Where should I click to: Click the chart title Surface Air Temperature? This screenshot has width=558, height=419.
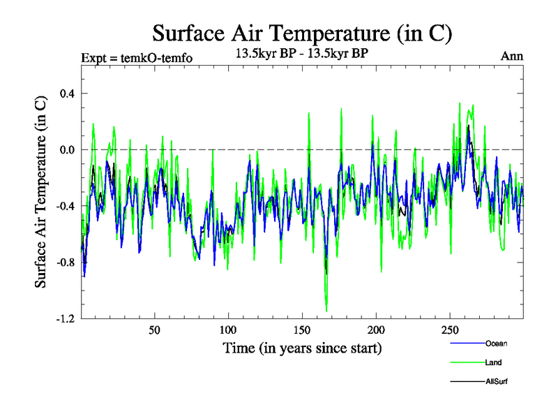(302, 33)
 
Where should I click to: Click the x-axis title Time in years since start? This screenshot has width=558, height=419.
(302, 348)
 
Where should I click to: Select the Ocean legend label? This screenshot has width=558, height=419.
(496, 344)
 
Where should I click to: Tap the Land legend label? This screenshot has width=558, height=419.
(493, 362)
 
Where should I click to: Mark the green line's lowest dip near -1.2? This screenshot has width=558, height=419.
(326, 311)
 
